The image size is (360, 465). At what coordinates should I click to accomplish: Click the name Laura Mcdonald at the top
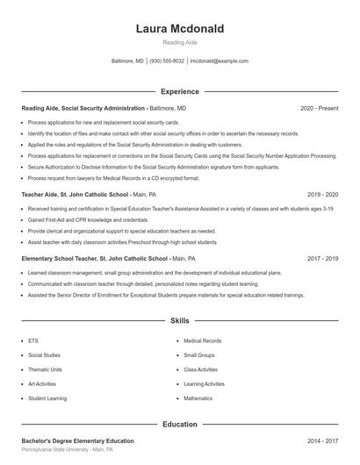(180, 29)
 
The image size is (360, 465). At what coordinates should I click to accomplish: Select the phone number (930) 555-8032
(167, 61)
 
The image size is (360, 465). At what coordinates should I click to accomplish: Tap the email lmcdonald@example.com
(220, 61)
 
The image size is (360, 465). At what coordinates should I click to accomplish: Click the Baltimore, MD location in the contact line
(127, 61)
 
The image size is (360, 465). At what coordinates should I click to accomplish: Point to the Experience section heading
(180, 91)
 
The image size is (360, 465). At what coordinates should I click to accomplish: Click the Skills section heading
(180, 322)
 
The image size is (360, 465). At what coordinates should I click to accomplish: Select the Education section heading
(180, 424)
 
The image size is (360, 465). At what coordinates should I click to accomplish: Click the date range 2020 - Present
(319, 108)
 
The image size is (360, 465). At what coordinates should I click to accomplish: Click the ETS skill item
(33, 340)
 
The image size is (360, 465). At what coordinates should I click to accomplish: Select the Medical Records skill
(202, 340)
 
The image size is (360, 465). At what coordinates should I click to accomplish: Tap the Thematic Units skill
(45, 369)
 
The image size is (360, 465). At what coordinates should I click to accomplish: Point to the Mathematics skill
(198, 398)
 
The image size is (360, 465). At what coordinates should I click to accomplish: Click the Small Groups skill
(199, 355)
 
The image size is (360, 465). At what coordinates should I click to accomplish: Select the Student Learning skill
(47, 398)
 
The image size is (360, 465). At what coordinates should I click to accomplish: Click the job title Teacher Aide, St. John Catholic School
(75, 194)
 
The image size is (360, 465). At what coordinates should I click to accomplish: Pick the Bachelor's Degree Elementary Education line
(77, 440)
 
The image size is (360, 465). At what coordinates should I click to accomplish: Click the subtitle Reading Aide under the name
(180, 43)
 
